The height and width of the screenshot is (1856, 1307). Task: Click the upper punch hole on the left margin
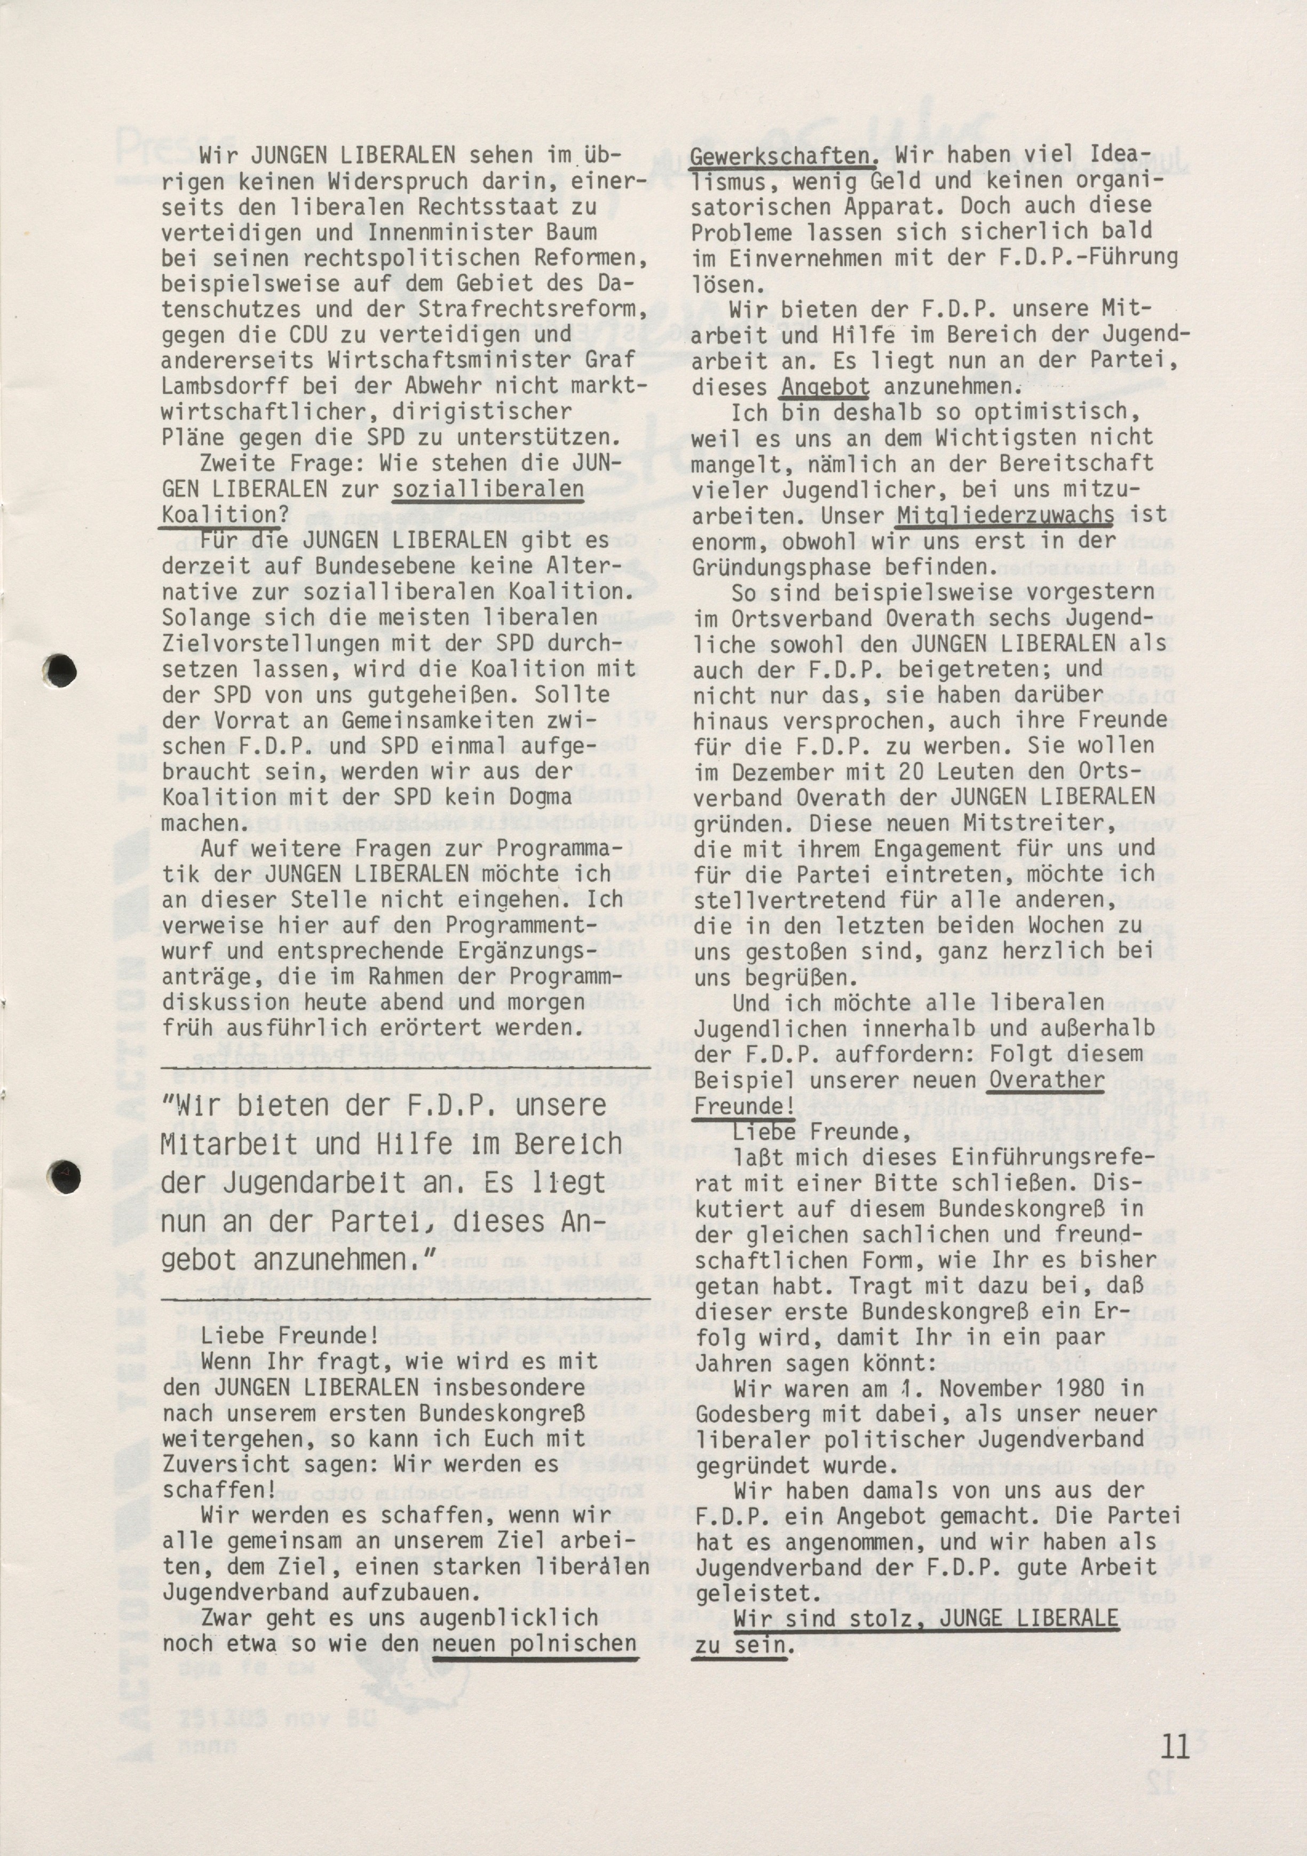tap(61, 670)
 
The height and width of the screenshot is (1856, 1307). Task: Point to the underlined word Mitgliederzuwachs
tap(1005, 515)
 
